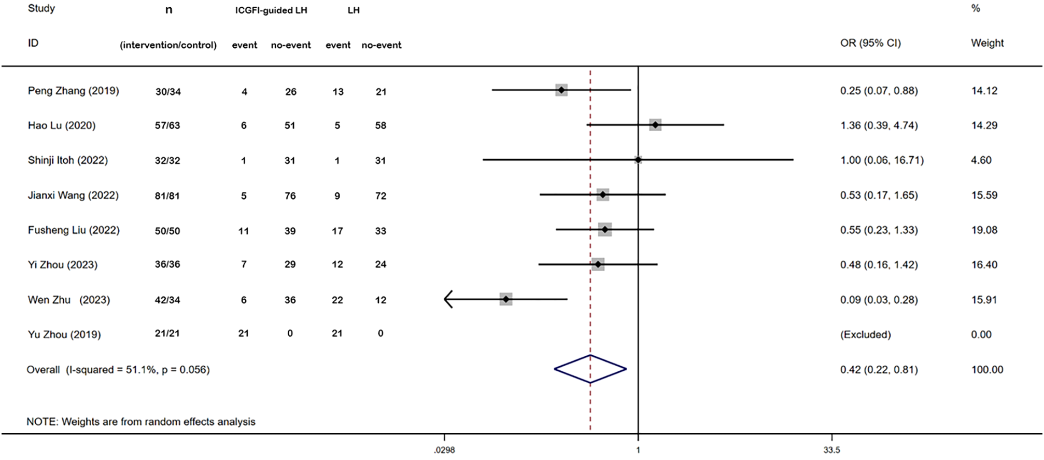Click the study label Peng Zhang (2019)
coord(73,91)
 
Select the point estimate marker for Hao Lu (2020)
coord(655,125)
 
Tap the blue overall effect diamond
coord(590,369)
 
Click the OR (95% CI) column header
coord(870,43)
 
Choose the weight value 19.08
coord(984,230)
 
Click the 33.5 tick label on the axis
coord(831,450)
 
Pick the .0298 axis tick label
coord(444,450)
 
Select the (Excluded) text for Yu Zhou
coord(865,334)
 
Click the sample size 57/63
coord(167,126)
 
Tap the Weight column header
coord(987,43)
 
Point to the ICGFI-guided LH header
coord(271,10)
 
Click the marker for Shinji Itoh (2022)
coord(638,160)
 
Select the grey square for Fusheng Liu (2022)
coord(605,230)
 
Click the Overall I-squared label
coord(118,370)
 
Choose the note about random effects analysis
coord(141,422)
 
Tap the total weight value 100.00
coord(987,370)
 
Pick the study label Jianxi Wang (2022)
coord(73,196)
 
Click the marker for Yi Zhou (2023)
coord(598,264)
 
